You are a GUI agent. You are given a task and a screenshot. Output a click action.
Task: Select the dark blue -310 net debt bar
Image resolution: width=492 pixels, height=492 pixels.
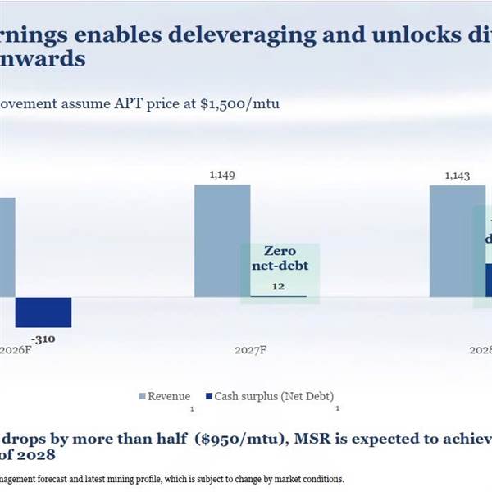point(43,312)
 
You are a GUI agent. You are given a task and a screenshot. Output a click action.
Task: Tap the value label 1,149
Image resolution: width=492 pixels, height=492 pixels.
point(221,174)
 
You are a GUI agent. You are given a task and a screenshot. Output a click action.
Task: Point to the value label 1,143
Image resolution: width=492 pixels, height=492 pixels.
point(458,174)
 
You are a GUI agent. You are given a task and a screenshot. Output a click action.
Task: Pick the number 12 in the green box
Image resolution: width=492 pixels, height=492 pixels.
point(278,285)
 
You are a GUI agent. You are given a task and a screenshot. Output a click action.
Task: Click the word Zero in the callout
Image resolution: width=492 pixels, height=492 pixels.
point(278,250)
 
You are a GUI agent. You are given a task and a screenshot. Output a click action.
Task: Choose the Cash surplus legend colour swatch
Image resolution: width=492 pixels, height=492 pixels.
point(208,396)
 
